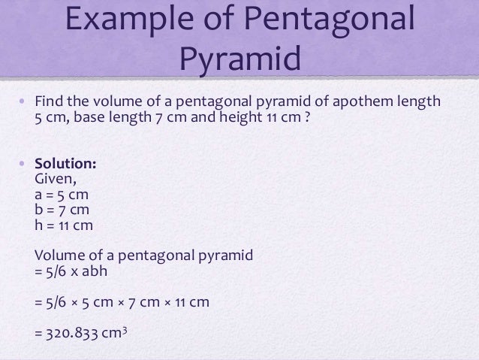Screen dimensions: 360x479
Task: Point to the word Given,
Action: click(56, 180)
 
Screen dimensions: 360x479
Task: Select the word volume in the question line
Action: click(114, 101)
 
